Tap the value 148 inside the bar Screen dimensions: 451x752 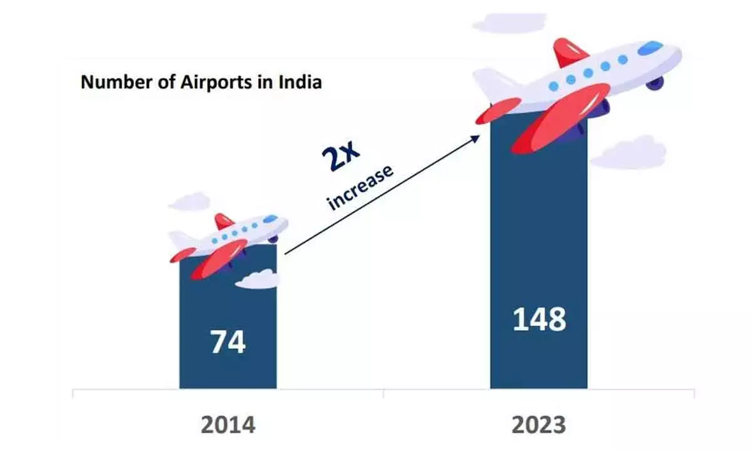(x=539, y=319)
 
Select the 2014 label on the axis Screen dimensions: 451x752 (x=228, y=425)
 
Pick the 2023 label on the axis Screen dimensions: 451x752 (x=539, y=425)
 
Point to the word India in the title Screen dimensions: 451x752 (x=300, y=82)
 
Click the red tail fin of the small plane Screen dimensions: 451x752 (x=223, y=221)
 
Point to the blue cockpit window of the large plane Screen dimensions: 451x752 (x=650, y=47)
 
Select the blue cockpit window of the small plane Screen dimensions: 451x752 (x=270, y=219)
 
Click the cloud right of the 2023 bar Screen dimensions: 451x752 (x=628, y=153)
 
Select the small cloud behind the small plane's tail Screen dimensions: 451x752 (x=189, y=202)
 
